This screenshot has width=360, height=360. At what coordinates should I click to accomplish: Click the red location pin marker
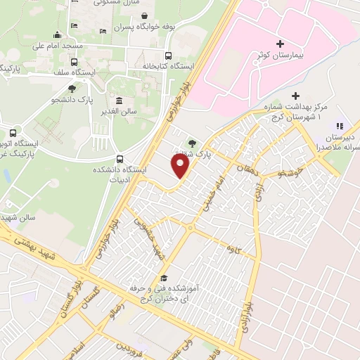pyautogui.click(x=181, y=165)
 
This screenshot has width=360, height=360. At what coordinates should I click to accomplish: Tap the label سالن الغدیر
pyautogui.click(x=127, y=111)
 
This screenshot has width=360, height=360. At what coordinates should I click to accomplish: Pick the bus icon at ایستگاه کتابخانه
pyautogui.click(x=167, y=56)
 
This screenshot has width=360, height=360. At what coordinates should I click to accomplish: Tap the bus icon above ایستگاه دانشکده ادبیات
pyautogui.click(x=120, y=159)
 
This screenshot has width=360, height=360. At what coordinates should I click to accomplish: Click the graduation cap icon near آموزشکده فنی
pyautogui.click(x=164, y=278)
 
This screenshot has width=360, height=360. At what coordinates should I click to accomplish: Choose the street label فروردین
pyautogui.click(x=131, y=349)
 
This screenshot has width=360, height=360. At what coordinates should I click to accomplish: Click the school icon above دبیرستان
pyautogui.click(x=341, y=126)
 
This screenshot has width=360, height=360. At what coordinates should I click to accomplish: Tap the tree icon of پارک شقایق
pyautogui.click(x=193, y=145)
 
